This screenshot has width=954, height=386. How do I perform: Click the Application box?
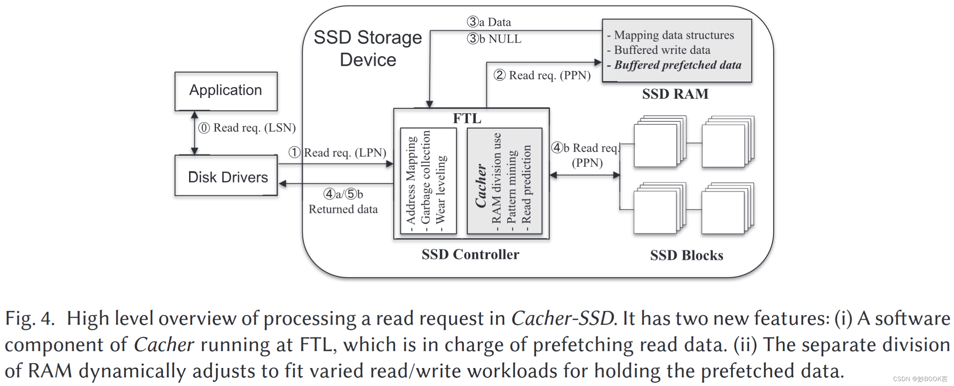point(226,91)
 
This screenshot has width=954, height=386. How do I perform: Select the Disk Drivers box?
point(226,176)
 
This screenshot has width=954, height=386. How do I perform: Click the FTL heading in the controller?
point(467,119)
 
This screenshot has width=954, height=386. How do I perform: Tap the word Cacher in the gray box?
point(480,186)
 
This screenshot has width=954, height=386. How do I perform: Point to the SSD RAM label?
point(675,94)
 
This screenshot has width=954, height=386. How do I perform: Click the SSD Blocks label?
point(687,255)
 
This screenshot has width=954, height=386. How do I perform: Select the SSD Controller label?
point(470,255)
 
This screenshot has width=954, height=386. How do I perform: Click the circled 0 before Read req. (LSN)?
point(204,128)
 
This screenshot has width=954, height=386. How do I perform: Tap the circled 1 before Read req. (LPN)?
point(294,153)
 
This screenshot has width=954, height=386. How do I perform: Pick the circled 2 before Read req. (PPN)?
point(499,75)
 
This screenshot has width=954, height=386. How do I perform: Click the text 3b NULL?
point(494,39)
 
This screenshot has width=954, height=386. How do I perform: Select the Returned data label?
point(343,209)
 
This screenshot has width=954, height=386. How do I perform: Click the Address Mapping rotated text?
point(410,180)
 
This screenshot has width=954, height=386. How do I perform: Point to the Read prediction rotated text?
point(526,184)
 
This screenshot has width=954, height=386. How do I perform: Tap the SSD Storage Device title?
point(368,48)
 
